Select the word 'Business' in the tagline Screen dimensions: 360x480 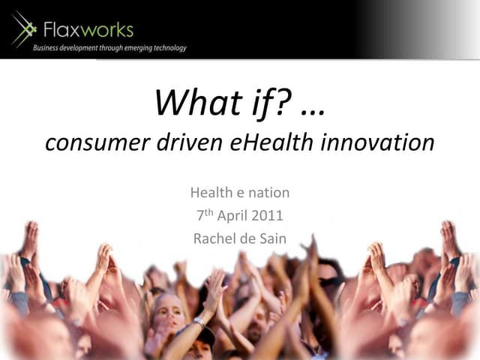50,48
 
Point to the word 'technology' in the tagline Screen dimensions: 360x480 166,48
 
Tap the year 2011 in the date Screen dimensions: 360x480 267,216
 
